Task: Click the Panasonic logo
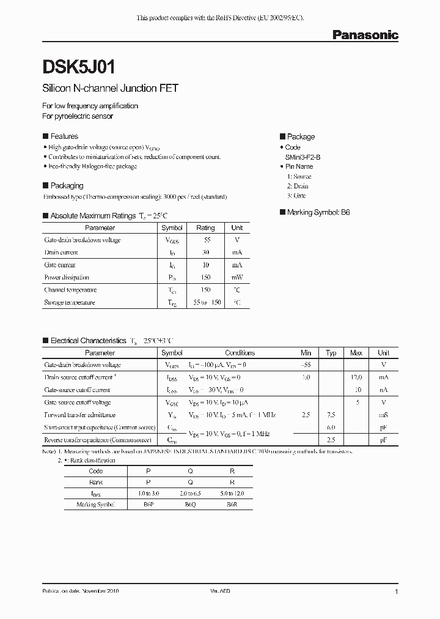pos(365,35)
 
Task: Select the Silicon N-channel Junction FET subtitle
pos(110,88)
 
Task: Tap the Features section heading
pos(64,136)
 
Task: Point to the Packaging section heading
pos(67,185)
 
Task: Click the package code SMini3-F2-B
pos(302,157)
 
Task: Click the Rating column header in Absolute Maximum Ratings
pos(205,228)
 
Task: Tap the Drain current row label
pos(61,252)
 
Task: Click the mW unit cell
pos(237,277)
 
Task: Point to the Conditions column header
pos(240,353)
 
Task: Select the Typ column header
pos(331,353)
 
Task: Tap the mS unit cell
pos(384,415)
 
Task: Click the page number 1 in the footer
pos(397,592)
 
